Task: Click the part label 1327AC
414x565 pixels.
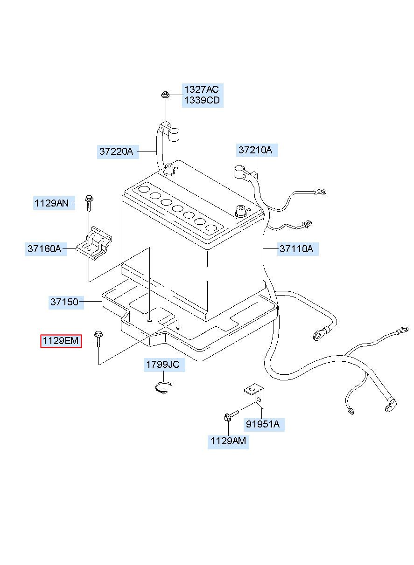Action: [x=201, y=90]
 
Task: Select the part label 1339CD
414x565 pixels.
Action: [x=201, y=101]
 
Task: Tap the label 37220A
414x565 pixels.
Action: [x=116, y=152]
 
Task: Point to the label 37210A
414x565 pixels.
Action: [x=255, y=150]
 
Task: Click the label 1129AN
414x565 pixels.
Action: [x=51, y=203]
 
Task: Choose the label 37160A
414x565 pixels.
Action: [x=44, y=249]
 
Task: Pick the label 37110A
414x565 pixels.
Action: [x=296, y=249]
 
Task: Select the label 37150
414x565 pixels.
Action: [x=64, y=302]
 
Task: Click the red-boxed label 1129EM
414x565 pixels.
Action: [x=61, y=342]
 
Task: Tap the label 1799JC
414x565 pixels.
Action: [x=162, y=365]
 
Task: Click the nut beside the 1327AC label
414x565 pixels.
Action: [x=165, y=95]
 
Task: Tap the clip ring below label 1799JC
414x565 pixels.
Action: [x=163, y=386]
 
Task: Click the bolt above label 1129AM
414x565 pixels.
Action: [x=230, y=415]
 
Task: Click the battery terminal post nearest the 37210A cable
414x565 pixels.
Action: [x=241, y=210]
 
